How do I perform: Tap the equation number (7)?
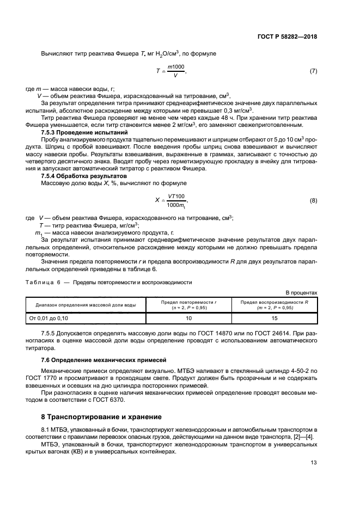pos(313,71)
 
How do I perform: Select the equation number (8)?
pos(313,201)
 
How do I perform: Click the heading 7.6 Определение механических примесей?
pos(100,361)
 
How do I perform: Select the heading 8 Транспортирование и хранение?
pos(101,417)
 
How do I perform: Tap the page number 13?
pos(313,463)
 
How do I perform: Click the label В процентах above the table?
pos(301,292)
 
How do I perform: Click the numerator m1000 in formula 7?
pos(176,66)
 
